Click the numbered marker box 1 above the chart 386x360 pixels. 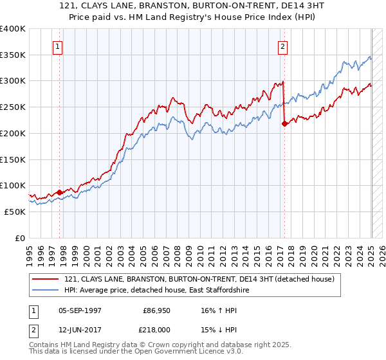pos(58,46)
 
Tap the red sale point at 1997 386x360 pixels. pos(60,192)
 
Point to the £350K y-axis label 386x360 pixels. pos(13,55)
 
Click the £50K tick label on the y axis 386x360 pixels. pos(15,212)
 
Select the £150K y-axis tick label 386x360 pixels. pos(13,159)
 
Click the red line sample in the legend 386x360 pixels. pos(44,280)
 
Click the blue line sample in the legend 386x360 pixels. pos(44,291)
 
